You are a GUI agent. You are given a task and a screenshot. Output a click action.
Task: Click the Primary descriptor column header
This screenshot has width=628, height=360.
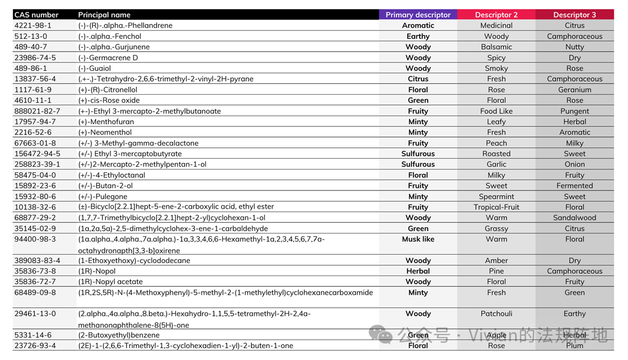pos(418,15)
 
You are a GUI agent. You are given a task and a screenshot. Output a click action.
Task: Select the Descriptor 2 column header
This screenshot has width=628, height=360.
pos(496,15)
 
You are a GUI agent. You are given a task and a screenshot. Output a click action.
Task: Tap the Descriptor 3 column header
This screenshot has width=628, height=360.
pos(575,15)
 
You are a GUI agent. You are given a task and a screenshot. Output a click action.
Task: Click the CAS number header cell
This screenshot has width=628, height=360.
pos(36,15)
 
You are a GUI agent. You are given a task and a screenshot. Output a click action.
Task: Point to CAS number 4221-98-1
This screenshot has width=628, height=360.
pos(33,26)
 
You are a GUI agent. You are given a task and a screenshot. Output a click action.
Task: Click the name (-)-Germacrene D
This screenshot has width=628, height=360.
pos(108,58)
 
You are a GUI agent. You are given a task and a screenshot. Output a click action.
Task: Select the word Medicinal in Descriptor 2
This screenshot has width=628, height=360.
pos(496,26)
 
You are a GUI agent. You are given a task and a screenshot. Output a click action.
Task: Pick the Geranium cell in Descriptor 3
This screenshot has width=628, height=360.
pos(575,90)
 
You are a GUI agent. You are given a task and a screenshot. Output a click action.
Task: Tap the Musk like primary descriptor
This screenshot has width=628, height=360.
pos(418,239)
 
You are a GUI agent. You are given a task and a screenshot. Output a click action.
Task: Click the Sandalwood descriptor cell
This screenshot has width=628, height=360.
pos(575,218)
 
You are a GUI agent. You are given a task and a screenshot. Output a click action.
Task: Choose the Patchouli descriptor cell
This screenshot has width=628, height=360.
pos(496,314)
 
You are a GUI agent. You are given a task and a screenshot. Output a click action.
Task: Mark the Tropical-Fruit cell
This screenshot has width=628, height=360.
pos(496,207)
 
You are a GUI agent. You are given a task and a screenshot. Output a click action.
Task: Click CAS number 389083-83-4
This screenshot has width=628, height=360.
pos(37,261)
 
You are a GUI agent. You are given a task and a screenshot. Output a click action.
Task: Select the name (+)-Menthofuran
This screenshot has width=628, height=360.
pos(106,122)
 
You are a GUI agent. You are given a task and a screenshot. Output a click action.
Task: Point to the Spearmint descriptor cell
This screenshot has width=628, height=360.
pos(496,197)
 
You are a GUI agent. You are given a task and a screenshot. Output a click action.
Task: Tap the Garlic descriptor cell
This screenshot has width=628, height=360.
pos(496,164)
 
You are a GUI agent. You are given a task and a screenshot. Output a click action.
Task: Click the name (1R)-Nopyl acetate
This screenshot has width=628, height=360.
pos(111,282)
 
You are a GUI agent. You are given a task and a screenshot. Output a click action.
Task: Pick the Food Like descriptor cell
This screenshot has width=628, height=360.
pos(496,111)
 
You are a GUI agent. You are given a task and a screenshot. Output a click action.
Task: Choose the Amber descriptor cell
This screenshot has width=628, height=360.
pos(496,261)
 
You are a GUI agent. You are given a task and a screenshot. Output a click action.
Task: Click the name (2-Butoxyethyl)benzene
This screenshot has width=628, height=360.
pos(119,335)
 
